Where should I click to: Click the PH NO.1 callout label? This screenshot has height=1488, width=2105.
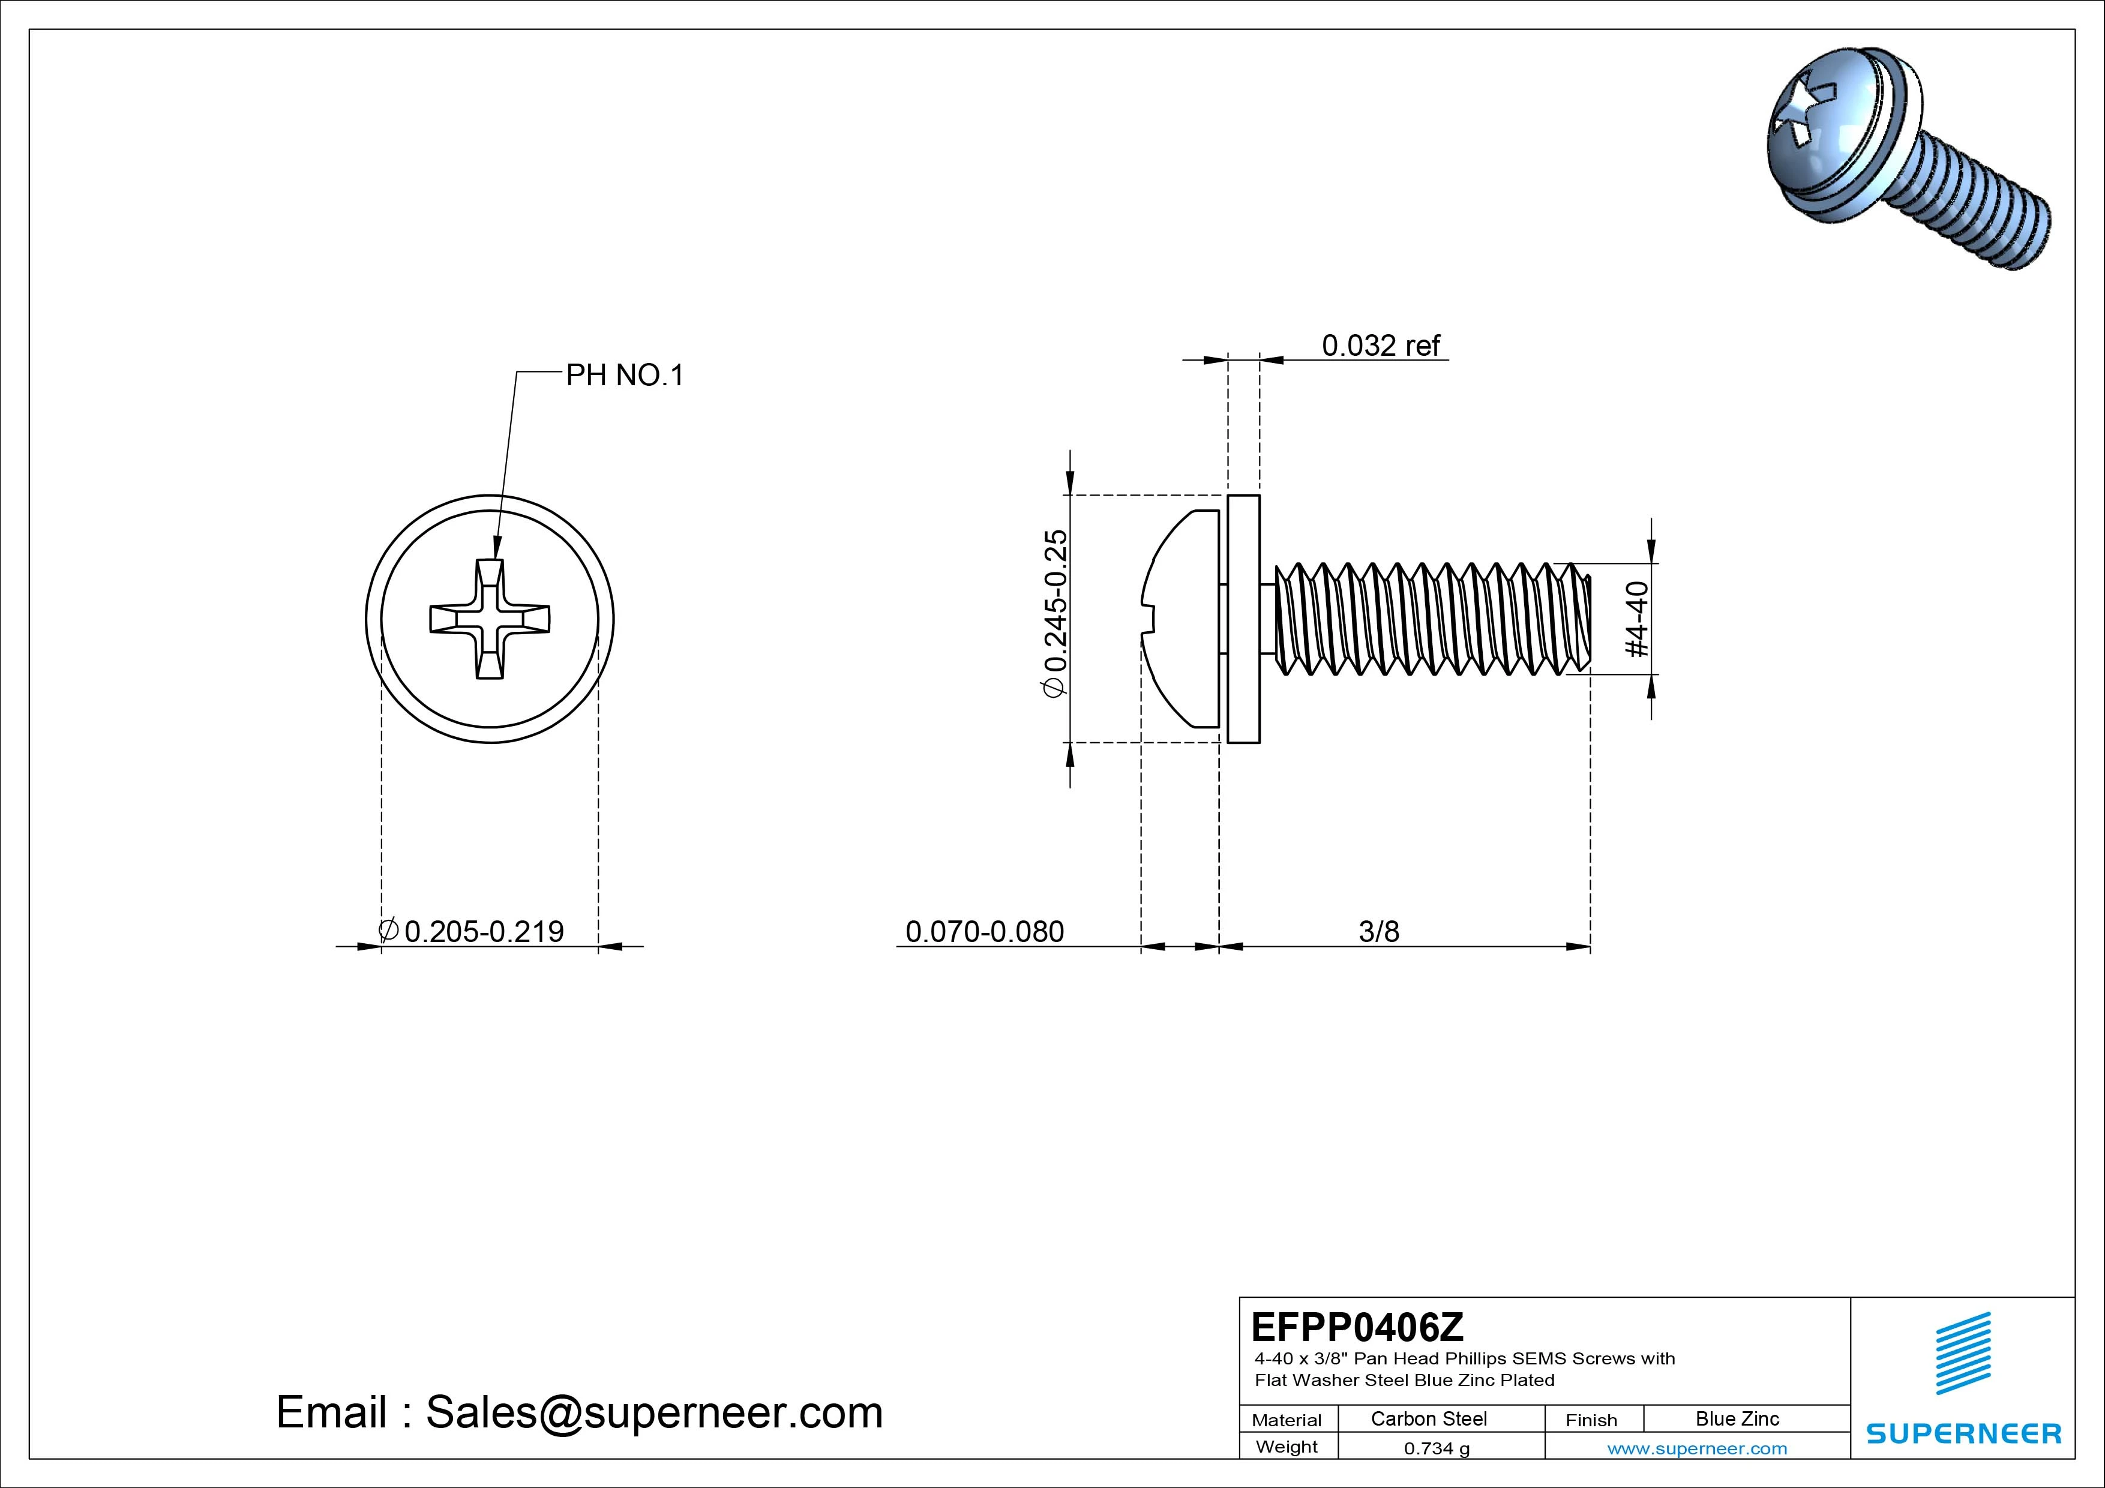[624, 376]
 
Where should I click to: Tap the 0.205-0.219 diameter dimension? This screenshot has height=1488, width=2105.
[483, 931]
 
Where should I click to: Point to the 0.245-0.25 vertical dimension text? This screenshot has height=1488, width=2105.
[1056, 613]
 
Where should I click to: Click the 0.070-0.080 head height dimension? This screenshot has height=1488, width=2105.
[985, 931]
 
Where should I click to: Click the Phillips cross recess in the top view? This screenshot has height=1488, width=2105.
[490, 619]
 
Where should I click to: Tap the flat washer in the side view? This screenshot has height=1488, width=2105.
[1243, 619]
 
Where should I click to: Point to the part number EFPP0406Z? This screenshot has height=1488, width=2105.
[1357, 1327]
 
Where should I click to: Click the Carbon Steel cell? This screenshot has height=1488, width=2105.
[1428, 1419]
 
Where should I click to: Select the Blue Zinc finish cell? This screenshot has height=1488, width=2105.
[1737, 1419]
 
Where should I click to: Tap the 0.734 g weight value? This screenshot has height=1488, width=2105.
[1437, 1448]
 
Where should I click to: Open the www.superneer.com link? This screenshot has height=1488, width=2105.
[1697, 1448]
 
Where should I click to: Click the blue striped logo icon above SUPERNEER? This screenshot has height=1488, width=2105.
[1963, 1352]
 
